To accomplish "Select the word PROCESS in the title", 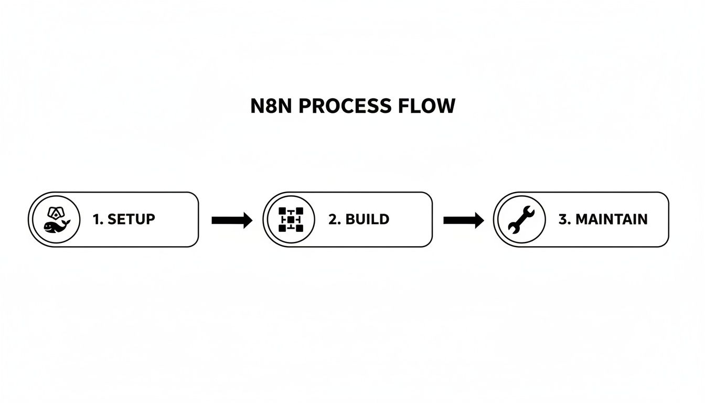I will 337,107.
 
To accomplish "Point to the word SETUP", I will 131,219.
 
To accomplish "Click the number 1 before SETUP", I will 97,219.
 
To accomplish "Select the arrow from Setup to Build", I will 231,220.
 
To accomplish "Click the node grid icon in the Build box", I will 290,219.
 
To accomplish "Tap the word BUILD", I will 367,219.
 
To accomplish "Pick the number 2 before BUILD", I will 333,219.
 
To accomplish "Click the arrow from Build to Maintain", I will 463,220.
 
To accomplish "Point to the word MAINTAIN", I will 611,219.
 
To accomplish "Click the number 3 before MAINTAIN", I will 563,219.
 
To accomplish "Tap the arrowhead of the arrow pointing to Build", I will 247,220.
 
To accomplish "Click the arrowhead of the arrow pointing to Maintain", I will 478,220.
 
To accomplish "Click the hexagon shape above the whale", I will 55,213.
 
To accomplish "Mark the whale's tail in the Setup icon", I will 67,222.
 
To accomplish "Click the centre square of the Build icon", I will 290,219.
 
